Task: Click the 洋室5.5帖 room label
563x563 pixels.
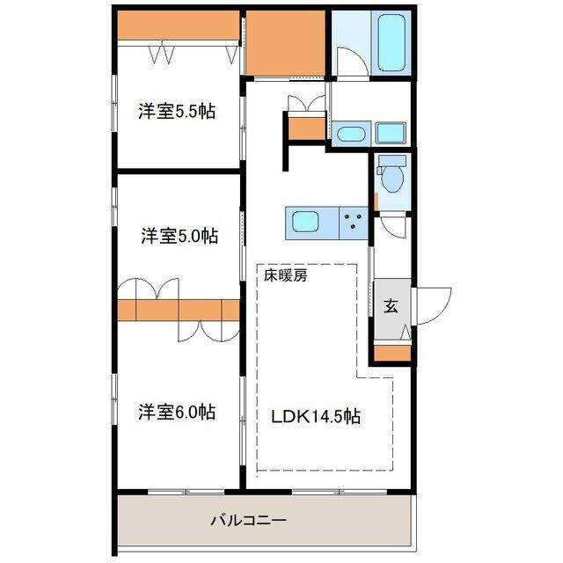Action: click(x=177, y=112)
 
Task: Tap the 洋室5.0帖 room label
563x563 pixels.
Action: click(x=179, y=236)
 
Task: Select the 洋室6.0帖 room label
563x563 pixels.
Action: click(x=177, y=412)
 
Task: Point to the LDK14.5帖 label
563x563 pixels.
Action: click(x=316, y=416)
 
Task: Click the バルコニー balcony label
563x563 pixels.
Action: click(x=248, y=520)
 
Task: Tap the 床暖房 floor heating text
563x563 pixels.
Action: click(x=286, y=275)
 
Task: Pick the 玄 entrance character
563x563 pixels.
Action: click(x=391, y=306)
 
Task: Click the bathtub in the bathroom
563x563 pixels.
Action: click(x=391, y=43)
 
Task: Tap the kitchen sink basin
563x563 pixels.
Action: click(x=305, y=222)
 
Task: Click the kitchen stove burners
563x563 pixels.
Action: click(x=353, y=221)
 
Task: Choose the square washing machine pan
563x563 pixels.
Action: click(x=391, y=133)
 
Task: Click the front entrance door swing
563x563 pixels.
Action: click(x=433, y=306)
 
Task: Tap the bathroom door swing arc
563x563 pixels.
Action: click(x=353, y=62)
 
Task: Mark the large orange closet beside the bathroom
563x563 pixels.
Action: click(x=285, y=43)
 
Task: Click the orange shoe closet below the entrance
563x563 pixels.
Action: click(x=392, y=353)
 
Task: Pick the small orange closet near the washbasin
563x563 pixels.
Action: click(x=307, y=128)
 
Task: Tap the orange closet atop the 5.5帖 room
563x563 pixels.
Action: click(x=179, y=25)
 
